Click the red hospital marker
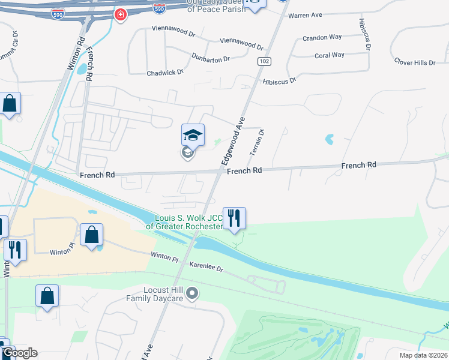pyautogui.click(x=121, y=14)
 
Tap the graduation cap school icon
pyautogui.click(x=193, y=135)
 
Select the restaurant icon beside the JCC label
pyautogui.click(x=234, y=218)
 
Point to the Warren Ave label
pyautogui.click(x=305, y=16)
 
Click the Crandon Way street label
pyautogui.click(x=322, y=37)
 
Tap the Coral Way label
pyautogui.click(x=330, y=55)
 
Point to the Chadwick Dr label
pyautogui.click(x=165, y=73)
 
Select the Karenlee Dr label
pyautogui.click(x=206, y=267)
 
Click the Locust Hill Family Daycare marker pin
pyautogui.click(x=192, y=293)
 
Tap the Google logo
pyautogui.click(x=19, y=353)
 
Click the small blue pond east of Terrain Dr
pyautogui.click(x=329, y=140)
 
